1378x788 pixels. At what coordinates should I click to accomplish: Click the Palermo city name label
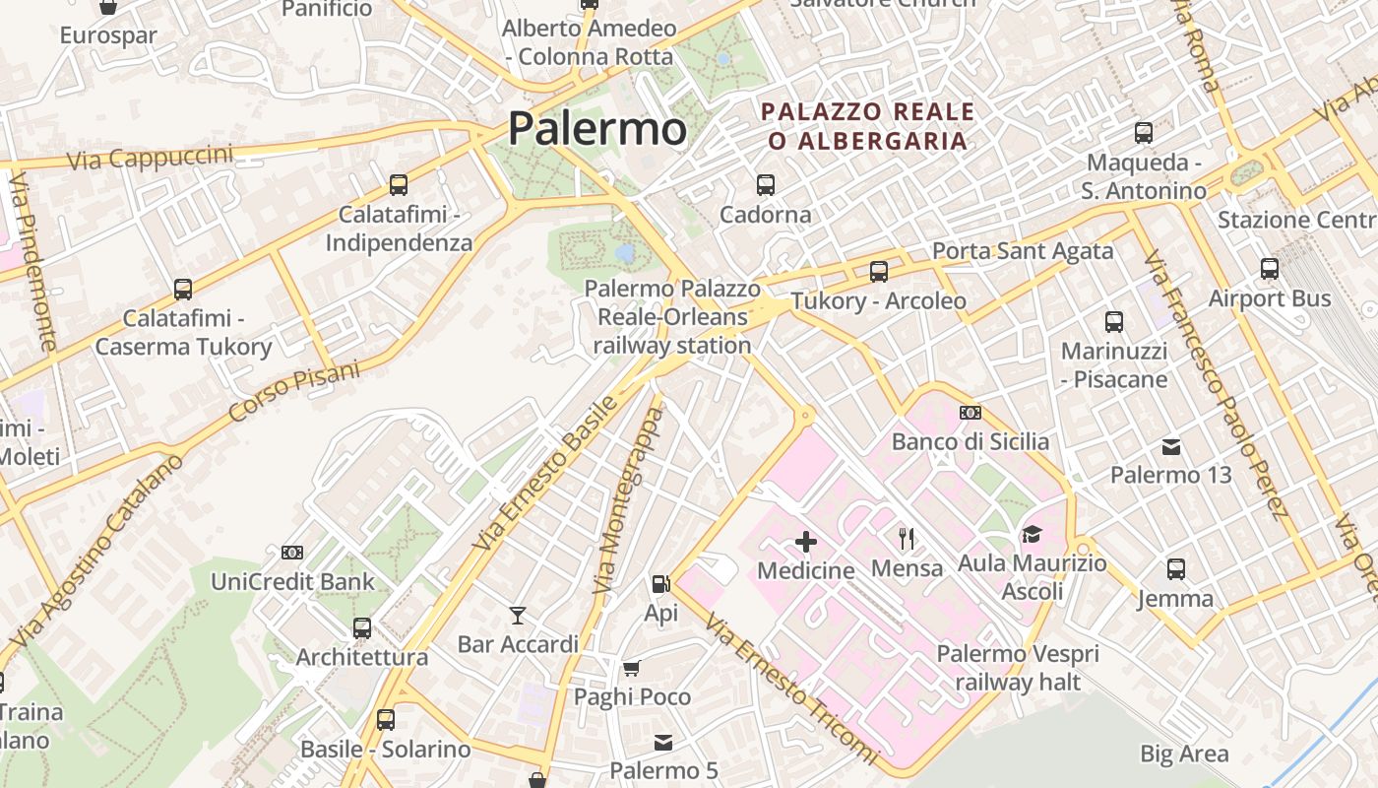point(596,129)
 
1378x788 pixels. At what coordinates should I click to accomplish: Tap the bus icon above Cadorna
point(766,184)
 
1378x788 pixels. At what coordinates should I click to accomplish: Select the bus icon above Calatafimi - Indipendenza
point(399,184)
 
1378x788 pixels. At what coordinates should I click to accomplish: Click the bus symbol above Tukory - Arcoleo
point(879,271)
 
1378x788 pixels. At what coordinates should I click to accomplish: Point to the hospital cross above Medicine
point(806,541)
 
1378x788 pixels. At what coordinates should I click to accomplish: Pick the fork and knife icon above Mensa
point(907,538)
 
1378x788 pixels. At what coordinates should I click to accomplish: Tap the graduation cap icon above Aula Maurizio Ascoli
point(1031,534)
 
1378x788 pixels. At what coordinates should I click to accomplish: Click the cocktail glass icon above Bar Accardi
point(518,616)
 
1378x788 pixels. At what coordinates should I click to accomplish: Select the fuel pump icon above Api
point(660,584)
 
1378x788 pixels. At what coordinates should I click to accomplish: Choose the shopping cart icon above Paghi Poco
point(632,668)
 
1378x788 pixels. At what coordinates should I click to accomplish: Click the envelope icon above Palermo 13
point(1171,447)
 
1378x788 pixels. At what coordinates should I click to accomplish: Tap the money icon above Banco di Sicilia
point(971,413)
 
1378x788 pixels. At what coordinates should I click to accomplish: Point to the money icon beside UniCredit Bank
point(292,553)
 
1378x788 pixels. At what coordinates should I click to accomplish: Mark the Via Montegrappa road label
point(630,500)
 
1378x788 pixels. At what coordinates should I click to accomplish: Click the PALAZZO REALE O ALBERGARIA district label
point(867,126)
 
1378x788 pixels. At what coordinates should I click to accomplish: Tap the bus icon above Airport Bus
point(1270,268)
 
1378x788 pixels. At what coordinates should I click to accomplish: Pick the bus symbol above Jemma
point(1175,568)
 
